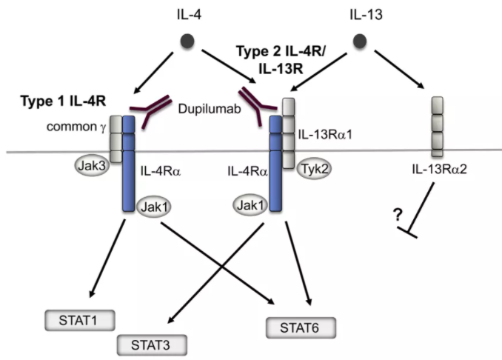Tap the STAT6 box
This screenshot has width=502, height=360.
coord(300,327)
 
